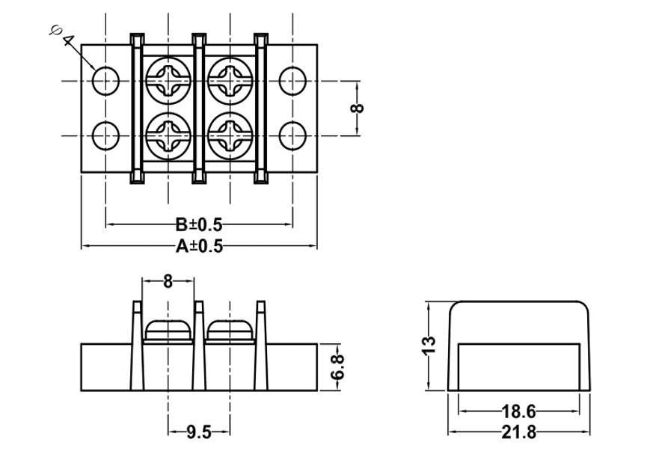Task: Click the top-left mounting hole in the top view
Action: point(105,80)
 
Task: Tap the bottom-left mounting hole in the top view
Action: point(105,136)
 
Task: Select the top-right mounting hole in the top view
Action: point(292,80)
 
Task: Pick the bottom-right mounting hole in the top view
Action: point(292,136)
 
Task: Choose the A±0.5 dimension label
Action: point(199,246)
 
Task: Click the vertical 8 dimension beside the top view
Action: point(357,108)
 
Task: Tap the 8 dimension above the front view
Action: point(168,281)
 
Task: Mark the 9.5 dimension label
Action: point(198,432)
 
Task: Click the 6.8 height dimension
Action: point(337,367)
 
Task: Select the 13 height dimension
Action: point(428,346)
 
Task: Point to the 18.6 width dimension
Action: point(518,411)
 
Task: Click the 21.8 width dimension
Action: point(518,432)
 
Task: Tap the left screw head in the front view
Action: point(168,329)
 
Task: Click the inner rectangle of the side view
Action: point(518,366)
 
